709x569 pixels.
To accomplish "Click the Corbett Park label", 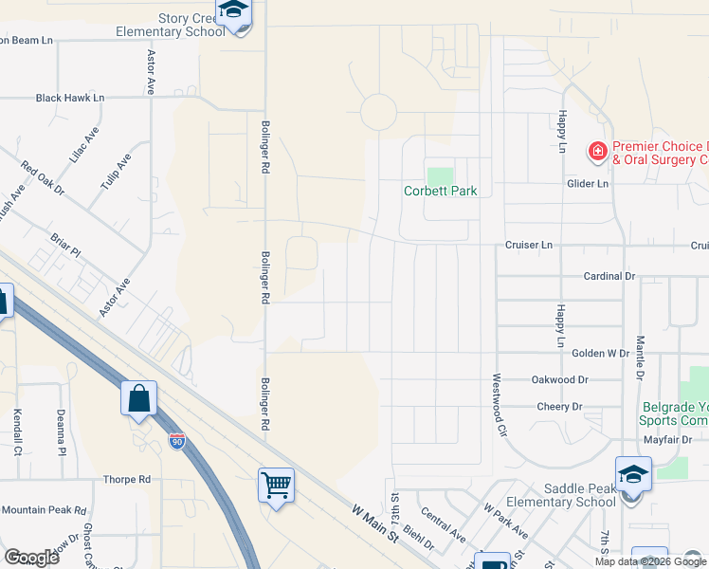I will tap(440, 191).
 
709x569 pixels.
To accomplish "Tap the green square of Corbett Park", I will tap(440, 176).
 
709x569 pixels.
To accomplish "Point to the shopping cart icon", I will tap(276, 486).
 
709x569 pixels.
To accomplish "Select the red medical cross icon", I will tap(597, 150).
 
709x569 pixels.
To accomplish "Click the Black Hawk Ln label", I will tap(69, 98).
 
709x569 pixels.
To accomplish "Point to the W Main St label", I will tap(373, 524).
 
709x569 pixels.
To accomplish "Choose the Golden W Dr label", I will tap(601, 353).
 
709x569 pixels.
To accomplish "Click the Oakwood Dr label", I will tap(560, 379).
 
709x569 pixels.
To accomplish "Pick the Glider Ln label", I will tap(587, 184).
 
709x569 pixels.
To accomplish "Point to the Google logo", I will tap(31, 558).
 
